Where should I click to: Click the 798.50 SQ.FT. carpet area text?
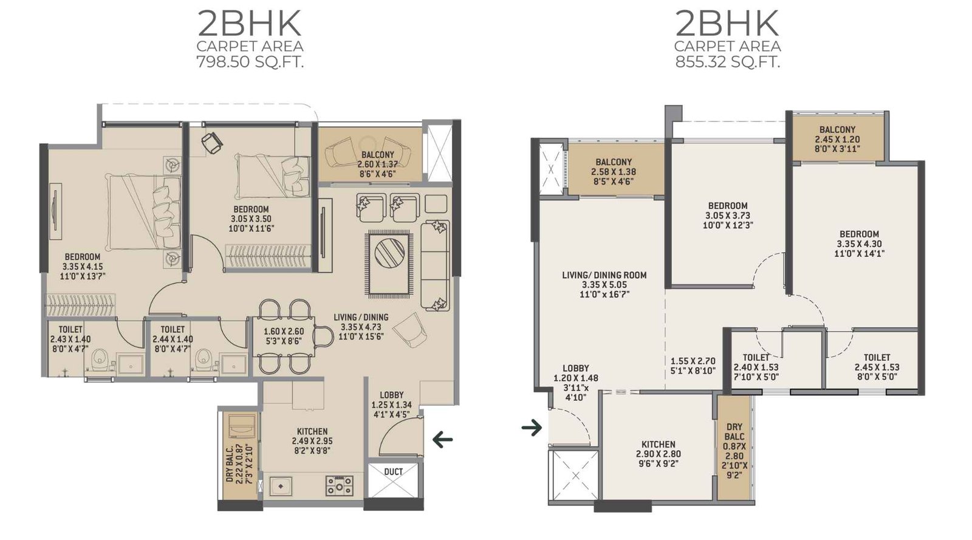tap(250, 62)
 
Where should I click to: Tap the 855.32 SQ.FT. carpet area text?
tap(727, 62)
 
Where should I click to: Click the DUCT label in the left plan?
tap(393, 472)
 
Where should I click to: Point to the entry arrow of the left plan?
tap(442, 439)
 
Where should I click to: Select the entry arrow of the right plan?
tap(532, 428)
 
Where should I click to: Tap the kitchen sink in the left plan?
tap(281, 486)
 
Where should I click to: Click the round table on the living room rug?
tap(389, 253)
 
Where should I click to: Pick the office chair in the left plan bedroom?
tap(212, 143)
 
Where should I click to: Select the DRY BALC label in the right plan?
tap(734, 432)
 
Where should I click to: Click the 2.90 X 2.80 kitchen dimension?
tap(659, 454)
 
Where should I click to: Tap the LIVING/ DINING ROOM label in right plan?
tap(604, 275)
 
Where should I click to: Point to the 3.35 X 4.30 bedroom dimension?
tap(859, 244)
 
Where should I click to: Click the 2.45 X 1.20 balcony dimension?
tap(837, 139)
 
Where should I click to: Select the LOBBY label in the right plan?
tap(575, 368)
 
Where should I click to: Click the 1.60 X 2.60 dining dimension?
tap(284, 332)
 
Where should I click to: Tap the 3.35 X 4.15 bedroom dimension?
tap(83, 267)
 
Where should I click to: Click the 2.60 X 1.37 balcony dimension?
tap(378, 164)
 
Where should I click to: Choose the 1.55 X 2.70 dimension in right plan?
tap(693, 361)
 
